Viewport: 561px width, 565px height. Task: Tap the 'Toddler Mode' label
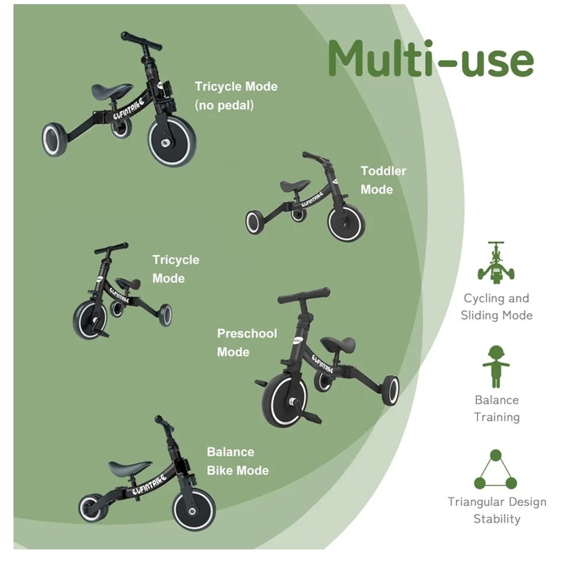pyautogui.click(x=383, y=180)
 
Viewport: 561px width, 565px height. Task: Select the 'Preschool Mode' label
pyautogui.click(x=247, y=342)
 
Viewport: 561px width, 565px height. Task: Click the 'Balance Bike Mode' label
pyautogui.click(x=237, y=461)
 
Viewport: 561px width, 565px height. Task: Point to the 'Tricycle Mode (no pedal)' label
pyautogui.click(x=236, y=96)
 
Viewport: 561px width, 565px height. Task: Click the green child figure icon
pyautogui.click(x=496, y=366)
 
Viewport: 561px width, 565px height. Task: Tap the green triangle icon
pyautogui.click(x=496, y=469)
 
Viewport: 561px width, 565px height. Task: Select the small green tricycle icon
pyautogui.click(x=496, y=262)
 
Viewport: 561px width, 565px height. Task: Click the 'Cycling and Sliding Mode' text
pyautogui.click(x=497, y=307)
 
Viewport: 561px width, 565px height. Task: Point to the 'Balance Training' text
pyautogui.click(x=497, y=408)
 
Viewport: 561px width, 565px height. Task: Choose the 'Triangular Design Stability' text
pyautogui.click(x=497, y=510)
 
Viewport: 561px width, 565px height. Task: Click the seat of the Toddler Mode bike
pyautogui.click(x=295, y=185)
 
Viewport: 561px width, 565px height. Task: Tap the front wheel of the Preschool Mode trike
pyautogui.click(x=285, y=400)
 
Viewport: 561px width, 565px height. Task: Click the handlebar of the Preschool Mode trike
pyautogui.click(x=304, y=294)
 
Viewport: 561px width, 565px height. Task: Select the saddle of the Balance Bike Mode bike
pyautogui.click(x=130, y=467)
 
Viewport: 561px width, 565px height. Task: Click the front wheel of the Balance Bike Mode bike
pyautogui.click(x=193, y=509)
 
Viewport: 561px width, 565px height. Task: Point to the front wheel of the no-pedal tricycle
pyautogui.click(x=172, y=141)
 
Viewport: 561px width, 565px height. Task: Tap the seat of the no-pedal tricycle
pyautogui.click(x=112, y=91)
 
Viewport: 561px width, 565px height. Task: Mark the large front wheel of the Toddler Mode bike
pyautogui.click(x=346, y=223)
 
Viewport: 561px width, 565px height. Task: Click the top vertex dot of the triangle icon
pyautogui.click(x=496, y=455)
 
